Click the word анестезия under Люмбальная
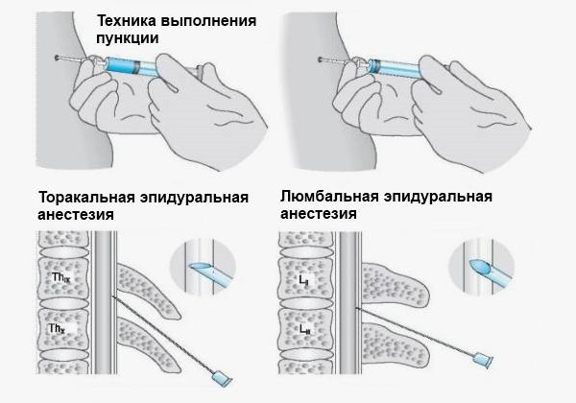pyautogui.click(x=319, y=215)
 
